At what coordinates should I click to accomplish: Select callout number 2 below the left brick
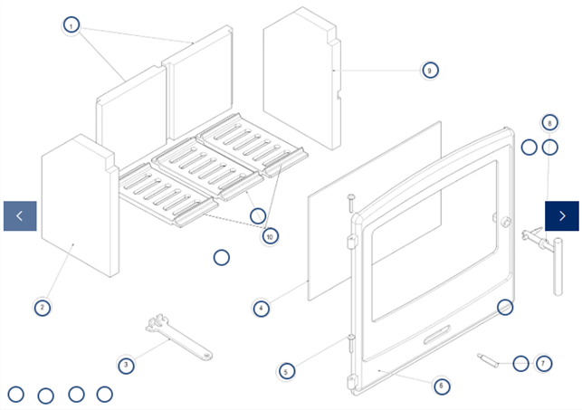point(42,307)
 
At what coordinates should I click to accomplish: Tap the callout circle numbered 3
point(127,365)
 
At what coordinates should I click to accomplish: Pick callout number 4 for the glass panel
point(261,309)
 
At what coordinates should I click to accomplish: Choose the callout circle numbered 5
point(286,370)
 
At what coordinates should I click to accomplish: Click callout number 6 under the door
point(441,386)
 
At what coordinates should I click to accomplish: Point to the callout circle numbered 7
point(543,363)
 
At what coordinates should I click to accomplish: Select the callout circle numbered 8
point(550,122)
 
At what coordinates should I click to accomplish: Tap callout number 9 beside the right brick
point(430,70)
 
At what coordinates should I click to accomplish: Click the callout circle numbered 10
point(270,235)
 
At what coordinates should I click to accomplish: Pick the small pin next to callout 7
point(489,360)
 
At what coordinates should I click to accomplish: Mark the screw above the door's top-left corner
point(349,201)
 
